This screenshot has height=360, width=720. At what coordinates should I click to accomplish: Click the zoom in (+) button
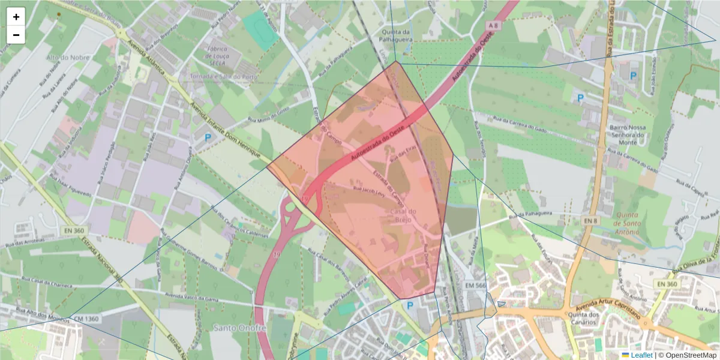[16, 17]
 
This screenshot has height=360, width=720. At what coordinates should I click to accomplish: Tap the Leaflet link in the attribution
[641, 355]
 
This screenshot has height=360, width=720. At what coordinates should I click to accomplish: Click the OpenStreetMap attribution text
[690, 355]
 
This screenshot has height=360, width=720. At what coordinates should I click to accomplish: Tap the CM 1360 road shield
[87, 319]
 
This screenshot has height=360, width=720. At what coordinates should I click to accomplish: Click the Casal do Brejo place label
[403, 215]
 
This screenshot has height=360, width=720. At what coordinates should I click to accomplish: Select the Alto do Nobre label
[68, 58]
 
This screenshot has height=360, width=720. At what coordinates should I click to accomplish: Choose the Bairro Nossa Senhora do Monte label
[627, 135]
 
